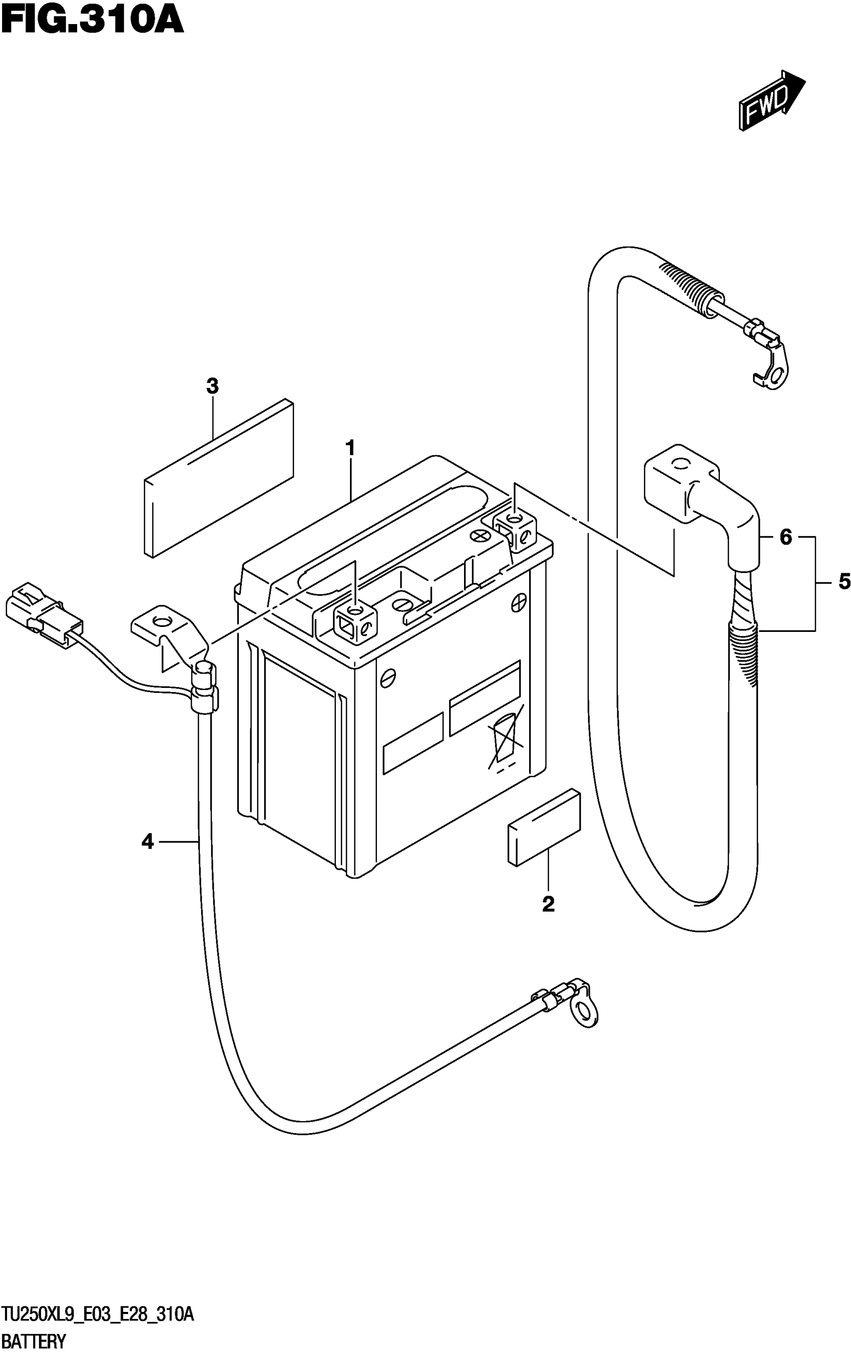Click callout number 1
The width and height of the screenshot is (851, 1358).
(x=350, y=449)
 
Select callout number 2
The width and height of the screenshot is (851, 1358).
(x=548, y=904)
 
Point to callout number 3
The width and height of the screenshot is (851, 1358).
(x=212, y=386)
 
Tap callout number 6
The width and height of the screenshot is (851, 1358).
(x=786, y=537)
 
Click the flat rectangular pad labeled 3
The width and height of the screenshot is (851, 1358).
(x=219, y=479)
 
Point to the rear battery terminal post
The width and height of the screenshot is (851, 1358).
(x=515, y=527)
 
